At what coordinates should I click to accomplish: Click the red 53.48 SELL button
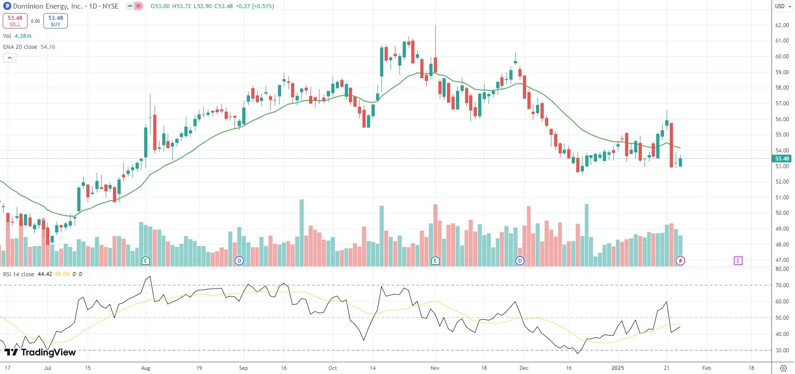tap(15, 21)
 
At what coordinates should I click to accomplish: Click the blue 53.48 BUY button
tap(56, 21)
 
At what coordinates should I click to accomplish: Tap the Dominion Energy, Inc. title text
tap(48, 6)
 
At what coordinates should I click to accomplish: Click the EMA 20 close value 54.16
tap(48, 47)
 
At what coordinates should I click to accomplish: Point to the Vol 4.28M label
tap(17, 36)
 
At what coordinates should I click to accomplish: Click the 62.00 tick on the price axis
tap(782, 25)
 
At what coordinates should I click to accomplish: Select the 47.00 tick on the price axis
tap(782, 260)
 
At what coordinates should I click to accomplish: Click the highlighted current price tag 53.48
tap(782, 159)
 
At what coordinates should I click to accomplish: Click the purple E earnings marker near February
tap(738, 260)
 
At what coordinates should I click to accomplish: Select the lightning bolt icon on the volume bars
tap(680, 260)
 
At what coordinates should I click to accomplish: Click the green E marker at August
tap(146, 260)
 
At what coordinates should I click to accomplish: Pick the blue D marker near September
tap(240, 260)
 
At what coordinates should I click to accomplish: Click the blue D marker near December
tap(520, 260)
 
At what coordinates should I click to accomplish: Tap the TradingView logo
tap(40, 352)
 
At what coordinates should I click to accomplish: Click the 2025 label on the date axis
tap(617, 368)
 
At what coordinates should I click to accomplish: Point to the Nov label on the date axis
tap(435, 368)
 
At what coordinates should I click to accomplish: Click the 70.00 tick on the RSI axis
tap(782, 285)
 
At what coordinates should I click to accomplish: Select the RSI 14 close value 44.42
tap(45, 274)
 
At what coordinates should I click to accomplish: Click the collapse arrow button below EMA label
tap(9, 57)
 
